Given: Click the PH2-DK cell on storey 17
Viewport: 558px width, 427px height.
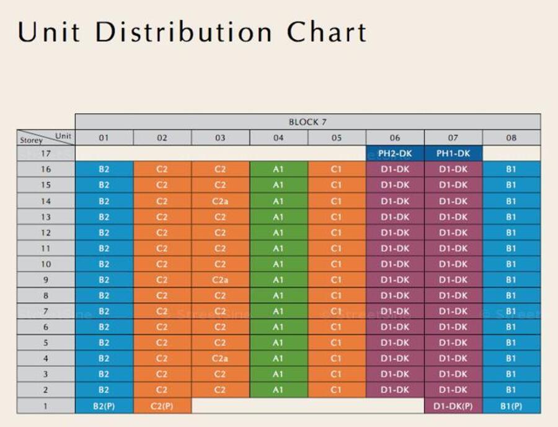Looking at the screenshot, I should [x=395, y=153].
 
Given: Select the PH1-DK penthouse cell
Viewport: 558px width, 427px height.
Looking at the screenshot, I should [x=453, y=153].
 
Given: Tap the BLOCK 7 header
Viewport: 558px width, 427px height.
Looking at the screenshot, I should [x=308, y=122].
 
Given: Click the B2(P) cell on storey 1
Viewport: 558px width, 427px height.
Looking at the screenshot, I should [x=104, y=406].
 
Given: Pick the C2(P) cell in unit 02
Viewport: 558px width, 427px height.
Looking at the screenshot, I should [x=162, y=406].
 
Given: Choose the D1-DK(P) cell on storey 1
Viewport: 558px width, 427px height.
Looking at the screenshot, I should [x=453, y=406].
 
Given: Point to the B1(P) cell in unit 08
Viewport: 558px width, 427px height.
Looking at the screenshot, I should [x=511, y=406].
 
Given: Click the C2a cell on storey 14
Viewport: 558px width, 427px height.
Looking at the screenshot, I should [x=220, y=201].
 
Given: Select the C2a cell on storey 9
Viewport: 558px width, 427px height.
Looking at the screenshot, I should [x=220, y=280].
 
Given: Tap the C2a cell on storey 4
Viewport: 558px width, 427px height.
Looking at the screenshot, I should [x=220, y=359].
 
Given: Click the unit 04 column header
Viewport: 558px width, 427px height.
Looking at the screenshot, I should [x=278, y=138].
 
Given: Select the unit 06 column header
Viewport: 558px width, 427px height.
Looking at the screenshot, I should [x=395, y=138].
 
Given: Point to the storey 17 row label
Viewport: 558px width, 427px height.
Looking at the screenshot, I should [x=46, y=153].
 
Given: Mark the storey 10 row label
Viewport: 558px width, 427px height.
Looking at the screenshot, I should [x=46, y=264].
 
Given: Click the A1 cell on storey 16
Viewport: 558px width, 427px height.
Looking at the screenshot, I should [x=278, y=169].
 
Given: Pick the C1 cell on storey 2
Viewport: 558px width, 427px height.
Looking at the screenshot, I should [x=336, y=390].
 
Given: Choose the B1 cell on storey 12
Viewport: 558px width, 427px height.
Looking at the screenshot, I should [x=511, y=233].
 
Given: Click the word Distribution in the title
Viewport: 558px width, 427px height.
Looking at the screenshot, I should [x=184, y=32].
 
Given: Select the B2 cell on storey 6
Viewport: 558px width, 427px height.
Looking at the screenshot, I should [x=104, y=327].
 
